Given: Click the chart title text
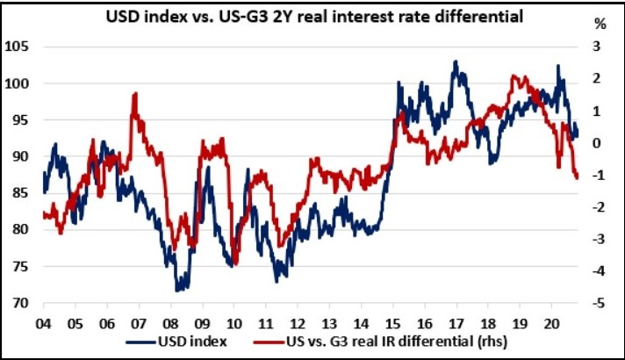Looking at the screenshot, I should click(313, 16).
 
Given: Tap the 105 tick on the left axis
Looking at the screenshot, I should click(19, 47).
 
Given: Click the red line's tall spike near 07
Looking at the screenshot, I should click(134, 93).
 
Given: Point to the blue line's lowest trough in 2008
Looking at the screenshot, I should click(178, 290).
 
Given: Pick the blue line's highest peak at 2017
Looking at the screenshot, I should click(456, 61).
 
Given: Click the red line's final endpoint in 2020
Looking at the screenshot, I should click(578, 178).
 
